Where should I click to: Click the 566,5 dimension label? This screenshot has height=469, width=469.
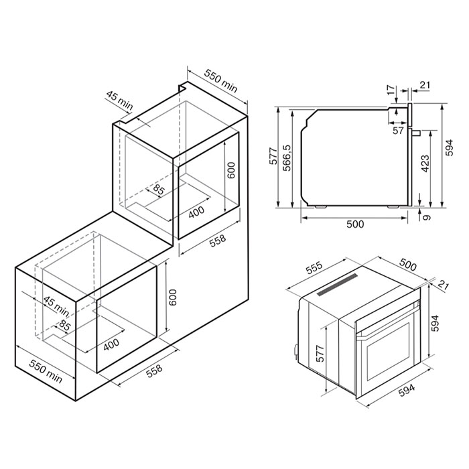point(287,158)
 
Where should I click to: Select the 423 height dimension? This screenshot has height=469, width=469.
point(425,163)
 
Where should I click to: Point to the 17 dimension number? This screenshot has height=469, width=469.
point(391,90)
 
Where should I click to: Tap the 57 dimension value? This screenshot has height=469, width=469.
point(398,131)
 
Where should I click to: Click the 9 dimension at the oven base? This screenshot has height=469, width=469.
point(427,217)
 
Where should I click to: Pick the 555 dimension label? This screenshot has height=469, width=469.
point(314,268)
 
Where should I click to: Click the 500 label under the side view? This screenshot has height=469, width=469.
point(355,224)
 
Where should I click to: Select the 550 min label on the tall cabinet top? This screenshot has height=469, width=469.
point(220,81)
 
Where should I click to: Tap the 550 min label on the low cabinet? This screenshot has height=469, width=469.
point(46,371)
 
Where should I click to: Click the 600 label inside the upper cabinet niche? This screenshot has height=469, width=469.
point(231,170)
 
